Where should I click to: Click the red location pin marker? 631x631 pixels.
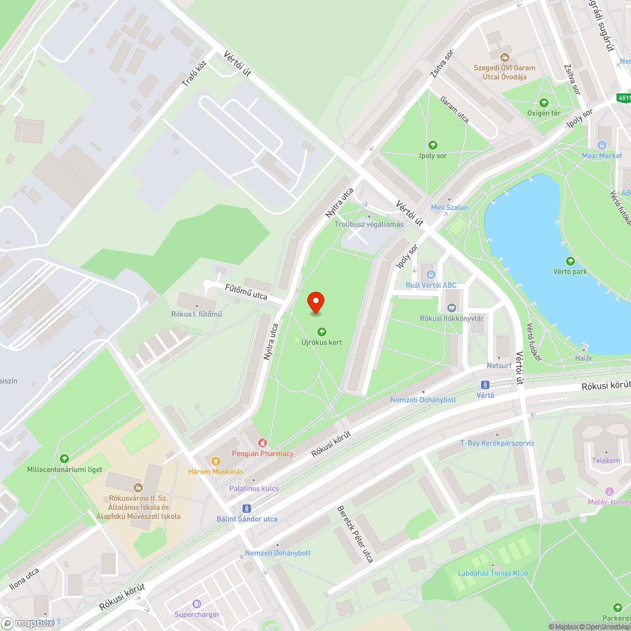coord(315,302)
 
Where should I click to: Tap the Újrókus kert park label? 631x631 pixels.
coord(322,342)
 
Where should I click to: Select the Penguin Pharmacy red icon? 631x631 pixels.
coord(262,443)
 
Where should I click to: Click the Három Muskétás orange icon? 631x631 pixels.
coord(215,461)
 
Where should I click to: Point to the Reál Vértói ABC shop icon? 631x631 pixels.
coord(431,274)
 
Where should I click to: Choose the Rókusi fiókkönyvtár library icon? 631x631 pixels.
coord(452,308)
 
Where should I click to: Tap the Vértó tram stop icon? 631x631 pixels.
coord(485,384)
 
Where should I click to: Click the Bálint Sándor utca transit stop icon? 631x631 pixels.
coord(245,509)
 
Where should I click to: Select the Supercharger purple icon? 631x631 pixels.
coord(196,604)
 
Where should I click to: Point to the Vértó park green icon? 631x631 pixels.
coord(570,261)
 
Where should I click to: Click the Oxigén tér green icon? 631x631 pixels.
coord(543,103)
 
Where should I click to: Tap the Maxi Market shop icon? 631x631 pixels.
coord(601,146)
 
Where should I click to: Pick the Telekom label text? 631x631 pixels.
coord(606,461)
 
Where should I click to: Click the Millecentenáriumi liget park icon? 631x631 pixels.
coord(64,459)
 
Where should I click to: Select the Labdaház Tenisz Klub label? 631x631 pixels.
coord(494,573)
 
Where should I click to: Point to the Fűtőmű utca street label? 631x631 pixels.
coord(246,292)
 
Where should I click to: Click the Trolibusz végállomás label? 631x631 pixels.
coord(369,225)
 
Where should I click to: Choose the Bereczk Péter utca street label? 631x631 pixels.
coord(355,534)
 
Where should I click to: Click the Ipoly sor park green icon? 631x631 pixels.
coord(432,144)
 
